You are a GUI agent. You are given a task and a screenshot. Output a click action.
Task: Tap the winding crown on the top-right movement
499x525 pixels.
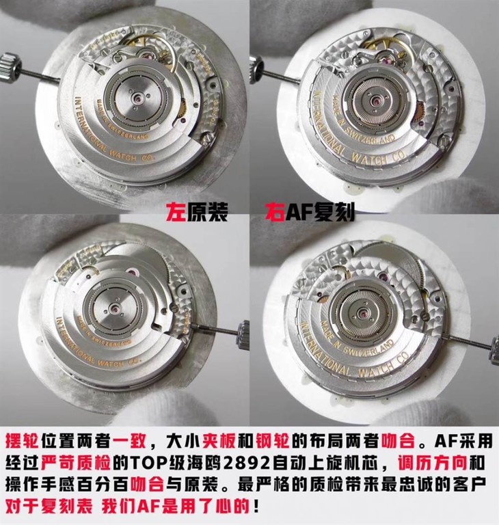click(257, 70)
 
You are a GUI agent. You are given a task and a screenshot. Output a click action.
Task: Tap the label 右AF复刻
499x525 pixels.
click(310, 212)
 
